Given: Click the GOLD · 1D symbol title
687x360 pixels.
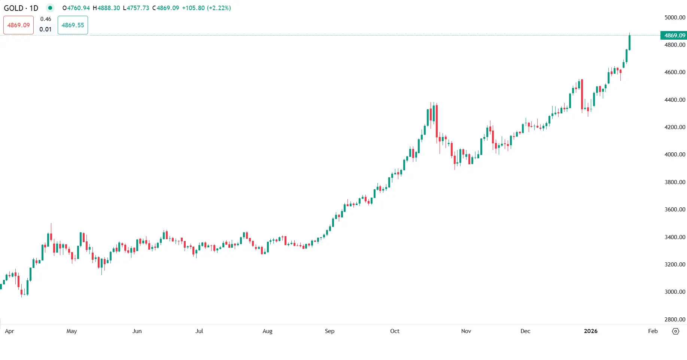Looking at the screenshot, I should click(21, 8).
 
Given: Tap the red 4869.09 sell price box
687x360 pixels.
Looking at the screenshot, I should click(18, 25).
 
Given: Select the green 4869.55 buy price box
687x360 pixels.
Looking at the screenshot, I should click(73, 25).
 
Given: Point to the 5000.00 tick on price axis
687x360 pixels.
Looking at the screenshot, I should click(675, 17).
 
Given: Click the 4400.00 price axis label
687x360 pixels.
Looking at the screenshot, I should click(675, 100).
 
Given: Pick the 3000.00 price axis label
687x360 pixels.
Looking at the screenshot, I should click(675, 292).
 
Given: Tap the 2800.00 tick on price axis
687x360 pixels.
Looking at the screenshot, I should click(675, 319).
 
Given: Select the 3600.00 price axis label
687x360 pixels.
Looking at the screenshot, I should click(675, 209).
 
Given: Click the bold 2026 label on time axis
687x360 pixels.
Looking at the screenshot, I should click(590, 331).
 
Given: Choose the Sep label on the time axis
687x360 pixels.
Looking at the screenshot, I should click(329, 331).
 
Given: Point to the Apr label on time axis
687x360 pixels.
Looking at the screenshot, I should click(9, 331).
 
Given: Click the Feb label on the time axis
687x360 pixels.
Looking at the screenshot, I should click(653, 331).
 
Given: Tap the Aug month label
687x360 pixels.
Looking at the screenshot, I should click(267, 331).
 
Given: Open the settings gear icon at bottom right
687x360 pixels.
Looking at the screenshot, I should click(675, 331).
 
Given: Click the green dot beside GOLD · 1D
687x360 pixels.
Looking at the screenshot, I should click(50, 8).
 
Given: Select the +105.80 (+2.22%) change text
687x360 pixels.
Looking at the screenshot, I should click(206, 8).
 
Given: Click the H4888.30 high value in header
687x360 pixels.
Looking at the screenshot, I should click(106, 8).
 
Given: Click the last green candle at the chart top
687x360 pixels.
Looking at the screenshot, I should click(630, 42).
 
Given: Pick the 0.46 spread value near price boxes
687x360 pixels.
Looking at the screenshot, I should click(46, 19).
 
